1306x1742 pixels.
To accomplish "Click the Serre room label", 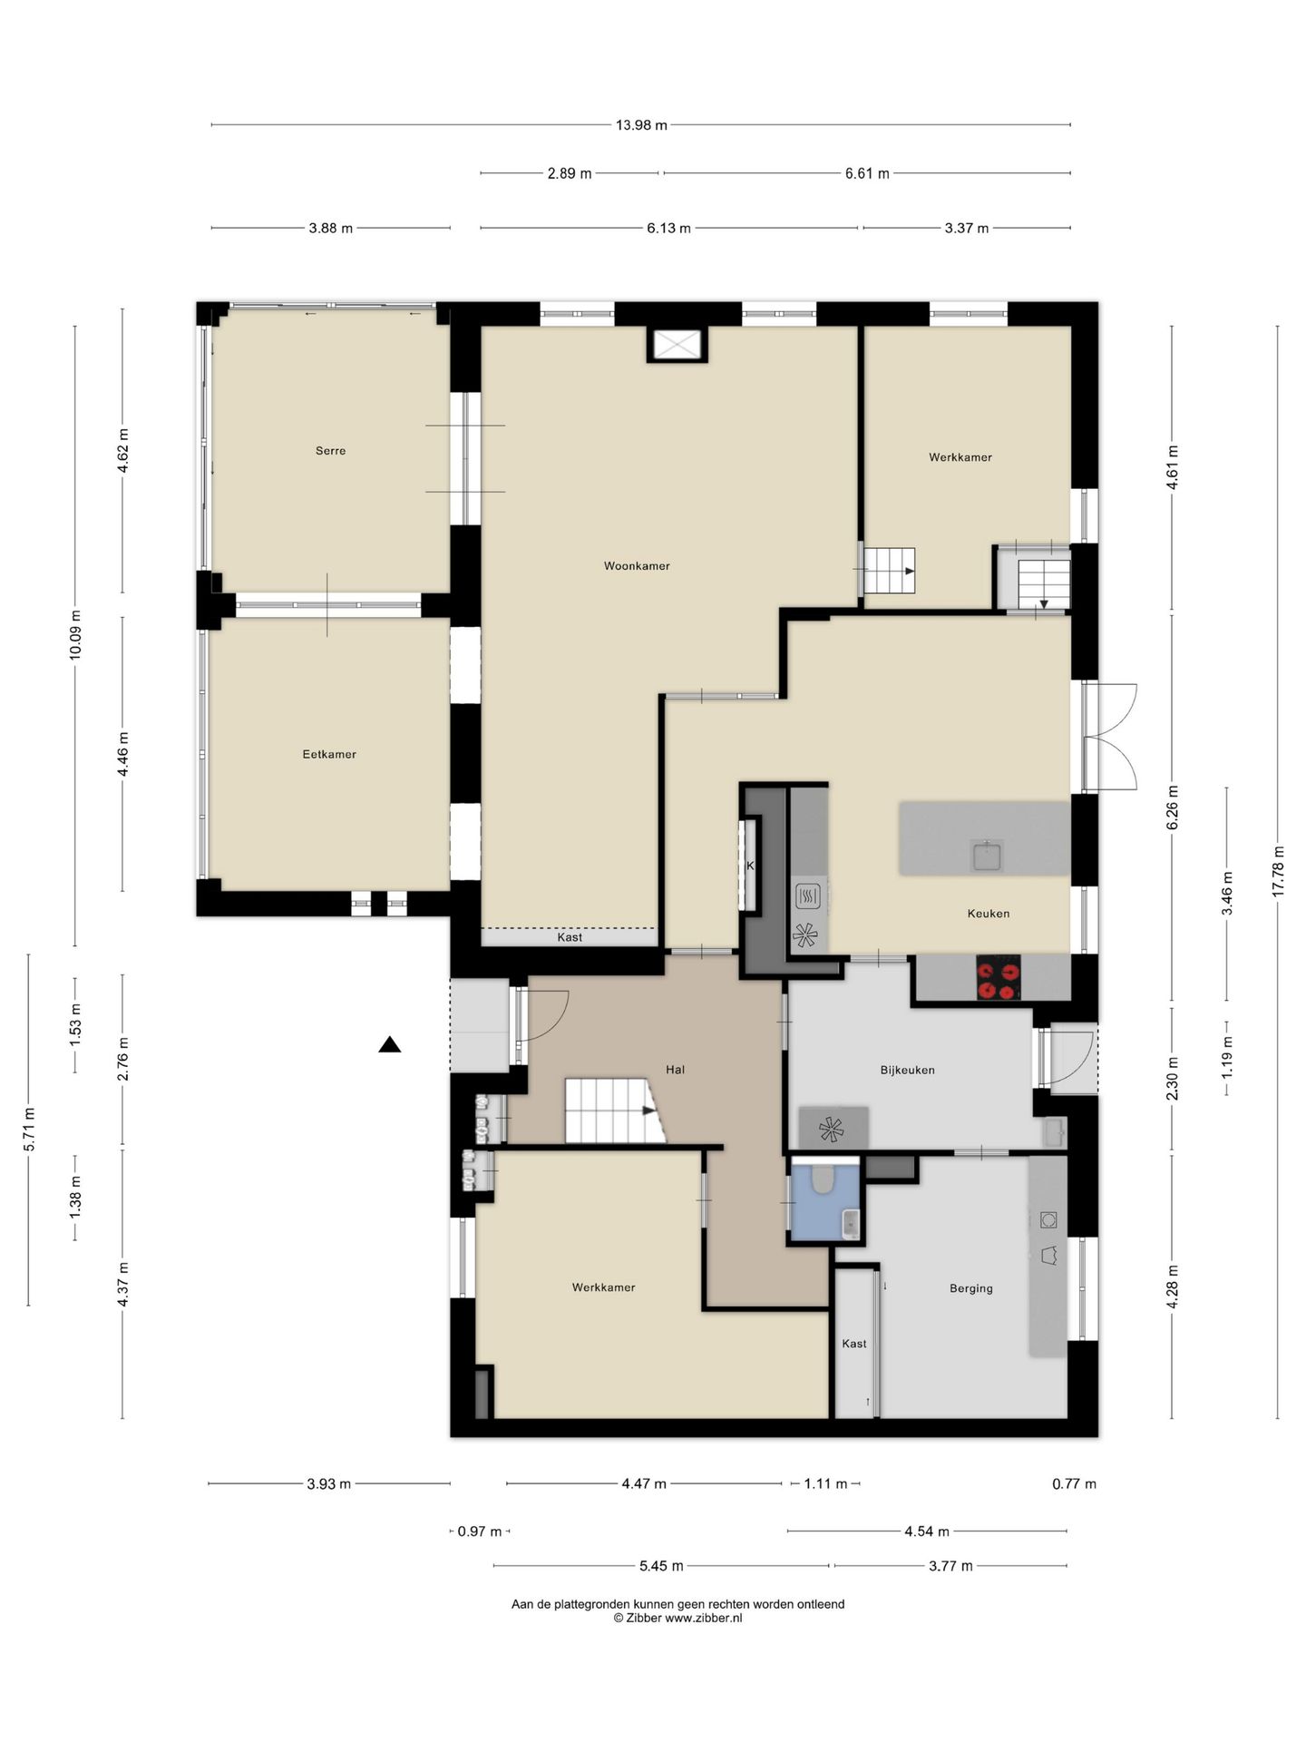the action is pyautogui.click(x=330, y=451).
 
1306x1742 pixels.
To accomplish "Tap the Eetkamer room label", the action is pyautogui.click(x=329, y=754).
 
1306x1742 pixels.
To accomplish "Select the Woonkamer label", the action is pyautogui.click(x=637, y=566).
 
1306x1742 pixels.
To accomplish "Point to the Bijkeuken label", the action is pyautogui.click(x=907, y=1070).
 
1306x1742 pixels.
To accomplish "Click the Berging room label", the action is pyautogui.click(x=970, y=1288).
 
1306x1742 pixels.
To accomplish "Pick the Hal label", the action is pyautogui.click(x=675, y=1070).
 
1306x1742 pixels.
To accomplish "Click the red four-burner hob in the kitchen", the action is pyautogui.click(x=998, y=978).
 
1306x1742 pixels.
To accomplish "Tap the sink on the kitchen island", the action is pyautogui.click(x=986, y=855).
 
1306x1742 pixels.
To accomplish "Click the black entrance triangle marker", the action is pyautogui.click(x=390, y=1045).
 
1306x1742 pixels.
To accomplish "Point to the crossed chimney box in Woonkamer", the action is pyautogui.click(x=677, y=345).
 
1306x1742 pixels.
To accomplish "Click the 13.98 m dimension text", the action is pyautogui.click(x=641, y=125).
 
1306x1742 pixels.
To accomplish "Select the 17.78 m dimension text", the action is pyautogui.click(x=1278, y=871).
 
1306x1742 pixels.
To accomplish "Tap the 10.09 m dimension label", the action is pyautogui.click(x=74, y=635).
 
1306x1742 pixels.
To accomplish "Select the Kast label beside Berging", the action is pyautogui.click(x=854, y=1344).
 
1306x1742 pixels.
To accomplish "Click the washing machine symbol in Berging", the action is pyautogui.click(x=1048, y=1219).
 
